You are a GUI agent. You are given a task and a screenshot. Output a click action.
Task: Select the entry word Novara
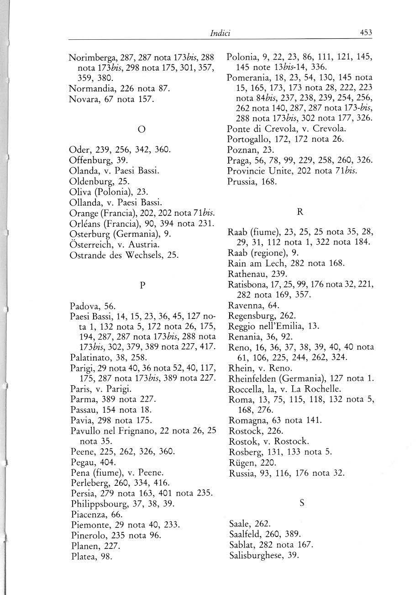point(83,98)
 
